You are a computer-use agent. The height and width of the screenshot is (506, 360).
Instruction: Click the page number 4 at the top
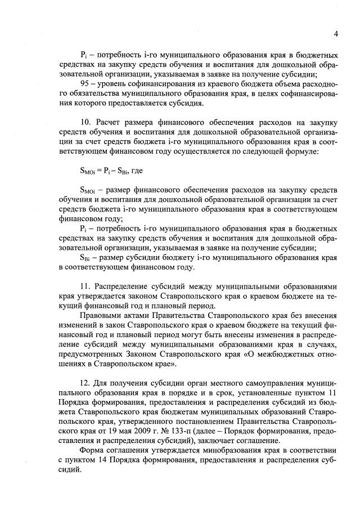(x=335, y=33)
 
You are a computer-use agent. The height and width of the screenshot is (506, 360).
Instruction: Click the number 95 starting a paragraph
(x=85, y=83)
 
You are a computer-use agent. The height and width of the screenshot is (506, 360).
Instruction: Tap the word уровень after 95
(x=116, y=83)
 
